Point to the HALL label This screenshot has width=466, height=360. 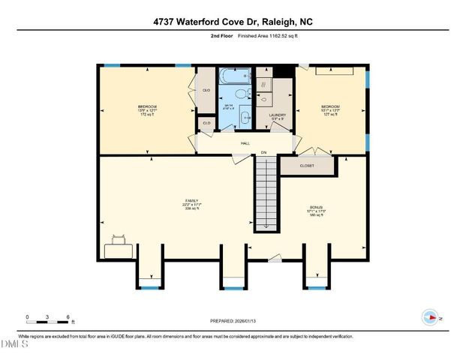(245, 142)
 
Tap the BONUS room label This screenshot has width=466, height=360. (317, 206)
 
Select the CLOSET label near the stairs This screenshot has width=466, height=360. (307, 166)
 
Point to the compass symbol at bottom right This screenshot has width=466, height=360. (430, 317)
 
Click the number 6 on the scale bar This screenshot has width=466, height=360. (68, 316)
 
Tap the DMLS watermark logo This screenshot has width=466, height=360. (14, 344)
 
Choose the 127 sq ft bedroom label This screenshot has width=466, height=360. (331, 110)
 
